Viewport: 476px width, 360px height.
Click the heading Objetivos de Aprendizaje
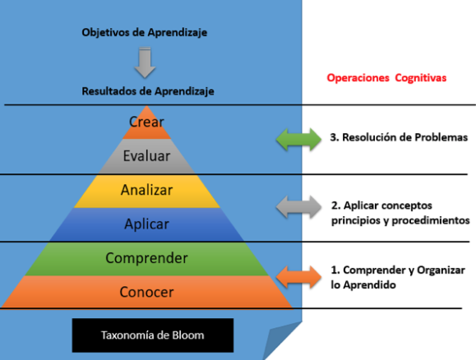(145, 33)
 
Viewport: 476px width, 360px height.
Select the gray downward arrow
(145, 62)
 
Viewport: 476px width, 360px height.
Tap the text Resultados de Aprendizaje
(148, 91)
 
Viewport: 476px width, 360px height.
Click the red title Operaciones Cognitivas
(386, 78)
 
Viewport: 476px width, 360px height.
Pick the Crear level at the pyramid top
(146, 124)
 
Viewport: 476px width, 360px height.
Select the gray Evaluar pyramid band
(146, 156)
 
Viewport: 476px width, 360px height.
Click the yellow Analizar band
(146, 191)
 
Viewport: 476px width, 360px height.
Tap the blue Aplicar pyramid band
(146, 224)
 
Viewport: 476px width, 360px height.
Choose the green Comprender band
(146, 259)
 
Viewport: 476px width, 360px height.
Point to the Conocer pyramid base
(146, 292)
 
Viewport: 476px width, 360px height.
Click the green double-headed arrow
(298, 140)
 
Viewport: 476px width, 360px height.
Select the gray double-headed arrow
(298, 206)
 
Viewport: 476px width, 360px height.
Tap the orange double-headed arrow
(298, 277)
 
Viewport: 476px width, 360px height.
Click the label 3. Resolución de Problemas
(399, 137)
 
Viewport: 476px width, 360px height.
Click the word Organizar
(441, 270)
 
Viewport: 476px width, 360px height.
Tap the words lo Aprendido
(363, 285)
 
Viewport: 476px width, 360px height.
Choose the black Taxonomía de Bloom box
(153, 335)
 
